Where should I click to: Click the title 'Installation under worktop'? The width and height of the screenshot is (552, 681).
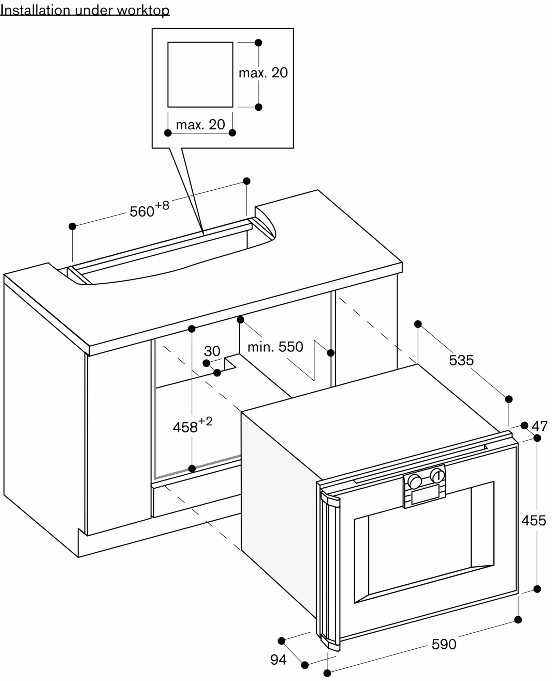click(85, 10)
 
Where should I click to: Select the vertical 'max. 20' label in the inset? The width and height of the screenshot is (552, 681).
click(263, 73)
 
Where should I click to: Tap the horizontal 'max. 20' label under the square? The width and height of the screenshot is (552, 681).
click(200, 125)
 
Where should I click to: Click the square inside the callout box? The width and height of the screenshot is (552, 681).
click(200, 75)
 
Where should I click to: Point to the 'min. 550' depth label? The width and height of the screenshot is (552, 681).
click(275, 347)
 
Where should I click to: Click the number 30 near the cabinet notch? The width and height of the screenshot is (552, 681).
click(212, 351)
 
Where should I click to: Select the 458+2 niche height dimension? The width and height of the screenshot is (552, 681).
click(192, 426)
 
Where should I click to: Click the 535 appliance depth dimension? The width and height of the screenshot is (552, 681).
click(461, 360)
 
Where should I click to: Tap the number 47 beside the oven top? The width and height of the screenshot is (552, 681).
click(539, 426)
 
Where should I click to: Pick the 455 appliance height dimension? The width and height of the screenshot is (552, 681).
click(534, 521)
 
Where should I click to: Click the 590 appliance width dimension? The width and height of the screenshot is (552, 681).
click(444, 644)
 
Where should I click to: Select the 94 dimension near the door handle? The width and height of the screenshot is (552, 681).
click(278, 660)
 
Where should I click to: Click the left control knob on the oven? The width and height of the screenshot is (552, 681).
click(415, 481)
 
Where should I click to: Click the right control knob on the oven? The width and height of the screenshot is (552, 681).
click(437, 475)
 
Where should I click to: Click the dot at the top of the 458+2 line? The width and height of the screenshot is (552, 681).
click(192, 329)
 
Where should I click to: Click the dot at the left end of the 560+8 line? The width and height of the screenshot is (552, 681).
click(72, 226)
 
